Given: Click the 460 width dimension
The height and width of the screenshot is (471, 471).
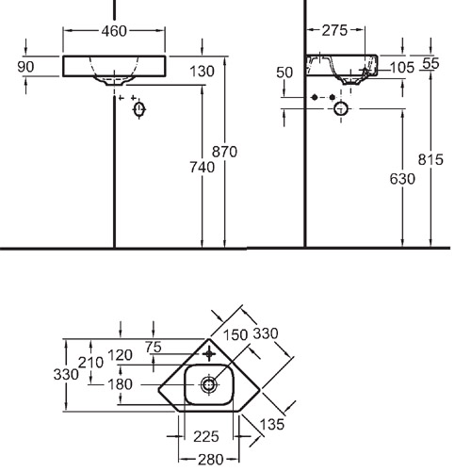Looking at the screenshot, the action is tap(114, 31).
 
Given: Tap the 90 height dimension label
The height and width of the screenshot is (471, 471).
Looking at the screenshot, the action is tap(25, 67).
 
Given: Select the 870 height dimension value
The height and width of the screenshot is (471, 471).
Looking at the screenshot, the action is tap(224, 152).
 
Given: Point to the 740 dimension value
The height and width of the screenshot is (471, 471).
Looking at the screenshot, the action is tap(202, 167).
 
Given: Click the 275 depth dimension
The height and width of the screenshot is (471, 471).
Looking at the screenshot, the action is tap(334, 30).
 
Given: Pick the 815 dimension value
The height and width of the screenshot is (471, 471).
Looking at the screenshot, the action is tap(430, 159).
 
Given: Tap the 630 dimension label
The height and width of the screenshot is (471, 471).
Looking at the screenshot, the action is tap(402, 179).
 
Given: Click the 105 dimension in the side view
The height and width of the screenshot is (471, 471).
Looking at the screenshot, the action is tap(402, 68).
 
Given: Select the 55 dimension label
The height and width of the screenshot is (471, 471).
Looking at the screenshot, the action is tap(430, 63).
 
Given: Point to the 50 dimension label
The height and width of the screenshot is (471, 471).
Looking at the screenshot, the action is tap(284, 73).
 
